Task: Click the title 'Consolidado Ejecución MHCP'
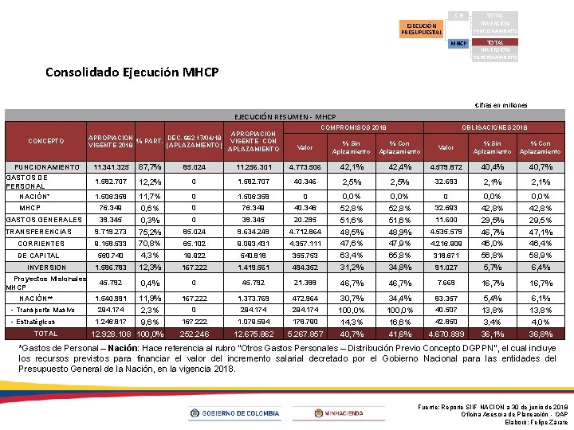pyautogui.click(x=132, y=72)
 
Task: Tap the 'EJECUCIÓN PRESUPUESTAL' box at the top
pyautogui.click(x=422, y=29)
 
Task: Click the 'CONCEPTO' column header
pyautogui.click(x=46, y=141)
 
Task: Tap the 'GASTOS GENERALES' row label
pyautogui.click(x=38, y=220)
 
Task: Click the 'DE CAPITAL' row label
pyautogui.click(x=38, y=256)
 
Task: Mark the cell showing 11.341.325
pyautogui.click(x=112, y=167)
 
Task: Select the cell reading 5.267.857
pyautogui.click(x=305, y=334)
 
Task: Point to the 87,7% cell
pyautogui.click(x=150, y=167)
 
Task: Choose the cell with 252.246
pyautogui.click(x=195, y=334)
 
